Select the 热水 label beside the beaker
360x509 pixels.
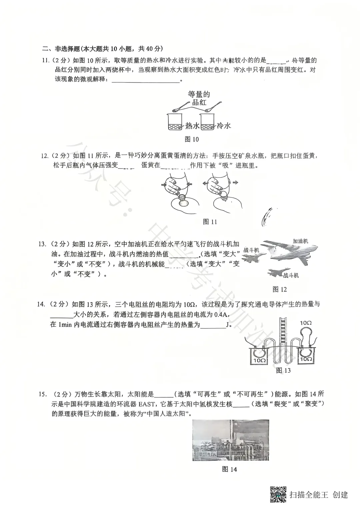click(192, 126)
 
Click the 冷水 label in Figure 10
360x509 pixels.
click(224, 126)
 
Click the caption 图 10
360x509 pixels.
click(192, 139)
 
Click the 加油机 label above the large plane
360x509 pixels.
click(300, 241)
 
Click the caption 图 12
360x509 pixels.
click(279, 289)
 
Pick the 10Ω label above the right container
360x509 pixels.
click(305, 323)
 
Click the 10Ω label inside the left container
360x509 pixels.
click(259, 360)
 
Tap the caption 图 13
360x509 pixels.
click(283, 370)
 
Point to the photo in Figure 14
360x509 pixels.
click(231, 440)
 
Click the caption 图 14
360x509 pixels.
click(229, 469)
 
